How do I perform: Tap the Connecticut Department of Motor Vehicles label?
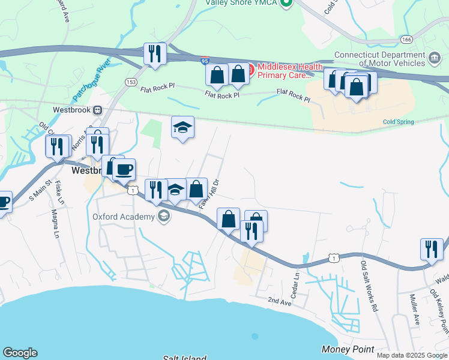click(381, 59)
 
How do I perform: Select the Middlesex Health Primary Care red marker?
click(250, 71)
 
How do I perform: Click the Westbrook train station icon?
click(96, 110)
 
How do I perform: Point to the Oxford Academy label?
click(124, 217)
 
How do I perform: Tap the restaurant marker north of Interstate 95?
click(155, 54)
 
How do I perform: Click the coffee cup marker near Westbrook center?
click(124, 169)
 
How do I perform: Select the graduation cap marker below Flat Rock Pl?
click(182, 127)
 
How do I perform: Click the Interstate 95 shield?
click(205, 61)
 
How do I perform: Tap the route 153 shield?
click(131, 82)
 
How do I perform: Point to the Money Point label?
click(348, 349)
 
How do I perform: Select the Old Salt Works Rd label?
click(368, 284)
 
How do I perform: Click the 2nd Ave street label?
click(279, 300)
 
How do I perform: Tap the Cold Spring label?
click(399, 122)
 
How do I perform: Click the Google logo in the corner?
click(20, 353)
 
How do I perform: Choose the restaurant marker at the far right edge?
click(432, 248)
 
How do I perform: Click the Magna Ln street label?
click(57, 221)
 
